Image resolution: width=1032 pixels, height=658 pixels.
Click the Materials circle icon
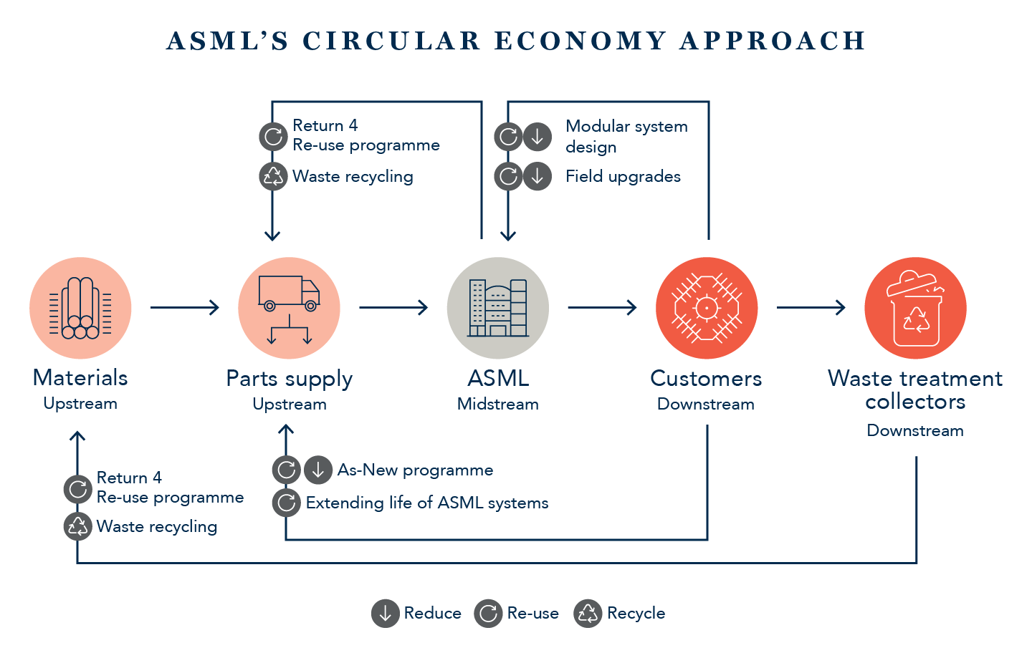[80, 308]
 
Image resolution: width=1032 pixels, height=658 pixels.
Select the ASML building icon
[498, 308]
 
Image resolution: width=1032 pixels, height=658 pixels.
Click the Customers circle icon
[707, 308]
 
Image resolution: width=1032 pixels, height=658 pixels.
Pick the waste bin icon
[915, 308]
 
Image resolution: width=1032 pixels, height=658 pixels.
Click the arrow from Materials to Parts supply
[184, 308]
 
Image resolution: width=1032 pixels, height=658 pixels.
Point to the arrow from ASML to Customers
[601, 308]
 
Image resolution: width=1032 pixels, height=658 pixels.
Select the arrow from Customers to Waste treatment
[811, 308]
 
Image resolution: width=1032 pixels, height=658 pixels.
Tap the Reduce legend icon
[385, 614]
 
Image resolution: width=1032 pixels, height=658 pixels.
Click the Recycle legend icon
[588, 614]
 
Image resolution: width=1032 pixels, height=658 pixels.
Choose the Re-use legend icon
[488, 614]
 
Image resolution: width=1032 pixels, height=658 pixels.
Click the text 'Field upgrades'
[623, 176]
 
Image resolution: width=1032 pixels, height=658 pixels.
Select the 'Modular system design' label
[626, 136]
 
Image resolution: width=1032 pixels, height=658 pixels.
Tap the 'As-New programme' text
[415, 470]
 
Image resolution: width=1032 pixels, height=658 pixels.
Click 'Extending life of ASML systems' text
[426, 503]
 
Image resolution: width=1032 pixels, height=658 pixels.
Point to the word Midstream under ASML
[497, 404]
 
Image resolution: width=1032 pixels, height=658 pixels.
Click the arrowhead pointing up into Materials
[77, 435]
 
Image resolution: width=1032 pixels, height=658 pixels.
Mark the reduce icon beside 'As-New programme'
[317, 470]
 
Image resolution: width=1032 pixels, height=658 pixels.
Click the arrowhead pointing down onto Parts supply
[272, 235]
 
